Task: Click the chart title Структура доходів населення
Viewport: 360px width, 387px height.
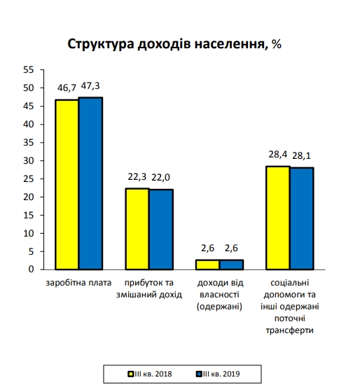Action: coord(174,44)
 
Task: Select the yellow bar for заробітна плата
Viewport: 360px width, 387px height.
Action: coord(67,184)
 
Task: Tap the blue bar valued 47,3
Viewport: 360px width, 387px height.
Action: coord(91,183)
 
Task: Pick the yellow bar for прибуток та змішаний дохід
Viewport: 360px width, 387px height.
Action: coord(137,229)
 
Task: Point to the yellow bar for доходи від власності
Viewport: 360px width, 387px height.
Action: coord(207,265)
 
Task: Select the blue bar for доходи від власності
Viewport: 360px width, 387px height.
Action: coord(231,265)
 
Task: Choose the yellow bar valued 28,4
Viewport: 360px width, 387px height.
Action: coord(277,218)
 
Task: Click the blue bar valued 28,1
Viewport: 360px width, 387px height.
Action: coord(301,218)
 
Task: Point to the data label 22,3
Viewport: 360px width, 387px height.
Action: coord(137,178)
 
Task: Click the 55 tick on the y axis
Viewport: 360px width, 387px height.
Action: coord(28,70)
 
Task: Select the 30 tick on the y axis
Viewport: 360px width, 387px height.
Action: coord(28,160)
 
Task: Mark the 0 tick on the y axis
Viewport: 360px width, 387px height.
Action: coord(31,269)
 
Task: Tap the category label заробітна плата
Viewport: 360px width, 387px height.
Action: coord(79,283)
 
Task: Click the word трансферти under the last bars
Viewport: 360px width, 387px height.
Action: coord(289,329)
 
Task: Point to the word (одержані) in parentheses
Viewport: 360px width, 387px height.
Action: coord(219,306)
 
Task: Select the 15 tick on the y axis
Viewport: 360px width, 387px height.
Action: coord(28,215)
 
